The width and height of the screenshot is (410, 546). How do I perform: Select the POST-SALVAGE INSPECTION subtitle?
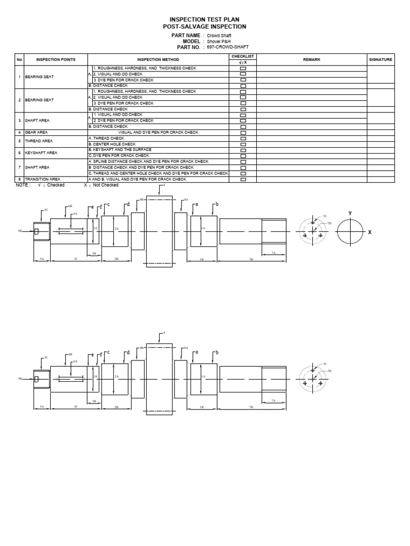pyautogui.click(x=204, y=26)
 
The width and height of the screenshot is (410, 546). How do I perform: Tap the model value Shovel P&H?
pyautogui.click(x=217, y=41)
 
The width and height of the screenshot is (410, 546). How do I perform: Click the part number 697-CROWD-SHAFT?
pyautogui.click(x=225, y=47)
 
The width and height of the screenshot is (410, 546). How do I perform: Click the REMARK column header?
pyautogui.click(x=311, y=60)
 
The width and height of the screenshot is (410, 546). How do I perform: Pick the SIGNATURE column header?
pyautogui.click(x=381, y=60)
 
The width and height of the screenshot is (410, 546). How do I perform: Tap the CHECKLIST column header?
pyautogui.click(x=243, y=55)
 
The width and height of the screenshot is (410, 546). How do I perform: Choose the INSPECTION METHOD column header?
pyautogui.click(x=158, y=60)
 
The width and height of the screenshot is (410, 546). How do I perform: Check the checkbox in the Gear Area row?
pyautogui.click(x=243, y=132)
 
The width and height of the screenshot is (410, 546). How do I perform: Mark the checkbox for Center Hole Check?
pyautogui.click(x=243, y=144)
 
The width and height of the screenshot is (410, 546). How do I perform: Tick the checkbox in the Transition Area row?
pyautogui.click(x=243, y=179)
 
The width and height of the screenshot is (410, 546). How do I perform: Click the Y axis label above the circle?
pyautogui.click(x=350, y=213)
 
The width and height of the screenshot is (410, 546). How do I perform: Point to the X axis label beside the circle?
pyautogui.click(x=369, y=232)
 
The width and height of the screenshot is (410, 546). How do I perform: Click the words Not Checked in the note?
pyautogui.click(x=106, y=185)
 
